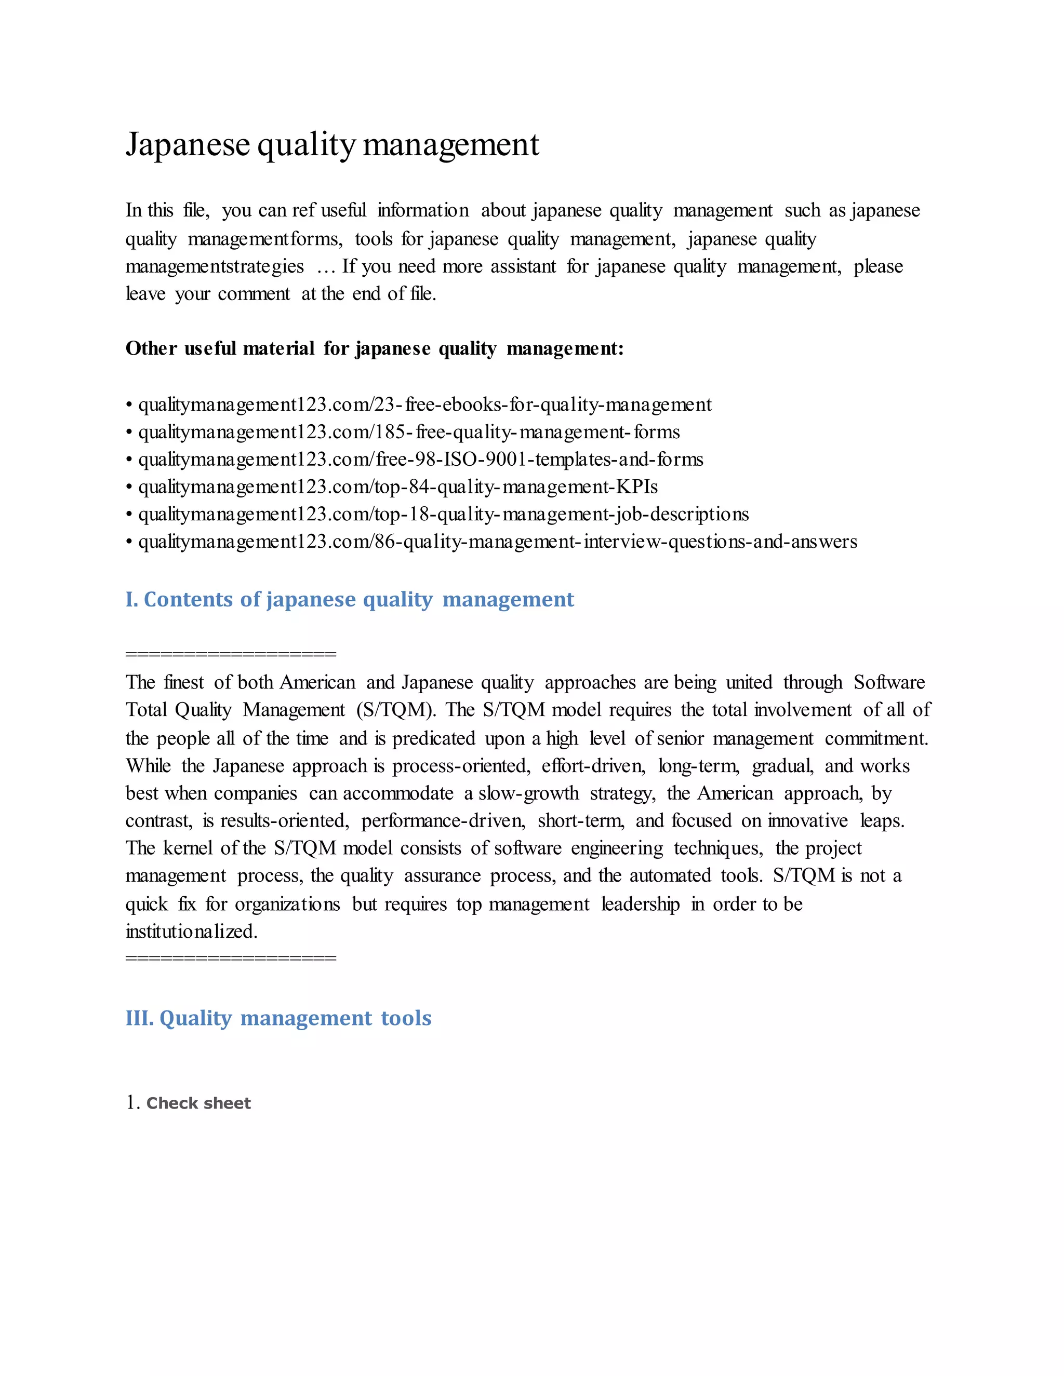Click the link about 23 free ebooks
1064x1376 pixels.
tap(424, 404)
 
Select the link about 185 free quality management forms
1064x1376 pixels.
tap(408, 432)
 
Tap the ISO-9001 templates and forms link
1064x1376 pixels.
tap(420, 460)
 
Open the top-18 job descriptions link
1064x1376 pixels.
tap(443, 515)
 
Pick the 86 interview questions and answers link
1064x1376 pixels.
tap(497, 542)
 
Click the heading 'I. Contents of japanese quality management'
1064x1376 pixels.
tap(349, 599)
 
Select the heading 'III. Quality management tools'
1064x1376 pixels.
tap(278, 1018)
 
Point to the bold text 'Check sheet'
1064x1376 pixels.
tap(198, 1103)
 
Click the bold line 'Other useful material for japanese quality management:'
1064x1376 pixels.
tap(375, 348)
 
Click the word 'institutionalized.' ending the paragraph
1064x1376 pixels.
tap(191, 931)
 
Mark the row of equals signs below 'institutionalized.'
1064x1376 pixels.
tap(231, 959)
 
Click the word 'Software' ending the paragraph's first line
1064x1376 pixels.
tap(889, 682)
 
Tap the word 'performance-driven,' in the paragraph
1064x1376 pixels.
tap(443, 821)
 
